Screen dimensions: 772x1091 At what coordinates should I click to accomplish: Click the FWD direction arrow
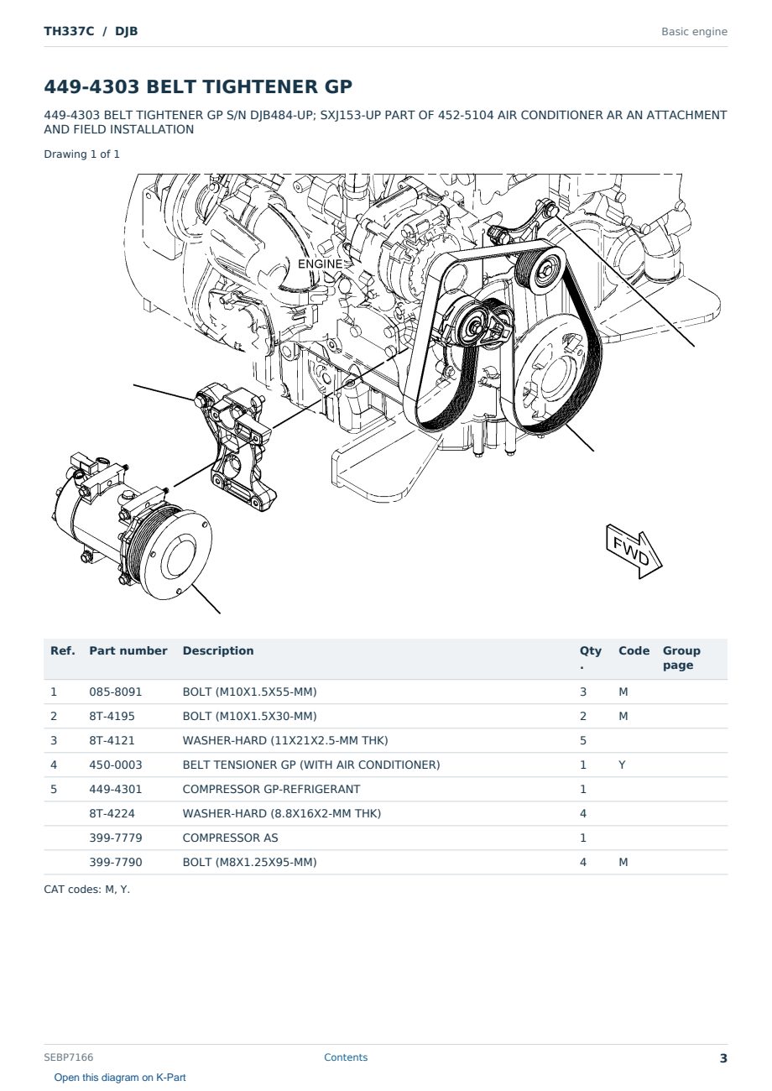click(634, 551)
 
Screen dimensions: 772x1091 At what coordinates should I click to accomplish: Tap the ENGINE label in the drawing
click(320, 264)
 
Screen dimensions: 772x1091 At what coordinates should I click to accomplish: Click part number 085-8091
click(116, 692)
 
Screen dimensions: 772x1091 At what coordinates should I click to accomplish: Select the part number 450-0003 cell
click(116, 765)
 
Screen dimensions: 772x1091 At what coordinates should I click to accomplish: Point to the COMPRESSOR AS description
click(230, 838)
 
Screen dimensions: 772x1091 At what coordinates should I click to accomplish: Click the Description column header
click(217, 650)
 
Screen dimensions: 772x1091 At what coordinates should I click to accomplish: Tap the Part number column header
click(128, 650)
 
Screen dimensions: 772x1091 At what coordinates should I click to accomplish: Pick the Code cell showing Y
click(622, 765)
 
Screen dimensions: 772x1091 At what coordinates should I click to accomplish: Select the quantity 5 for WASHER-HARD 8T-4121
click(583, 740)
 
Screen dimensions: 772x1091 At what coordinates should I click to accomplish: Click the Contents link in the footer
click(346, 1057)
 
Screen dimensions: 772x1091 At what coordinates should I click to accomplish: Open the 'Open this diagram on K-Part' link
click(120, 1078)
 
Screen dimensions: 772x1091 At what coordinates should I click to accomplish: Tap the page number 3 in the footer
click(723, 1058)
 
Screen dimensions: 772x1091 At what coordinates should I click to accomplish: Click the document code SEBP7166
click(69, 1057)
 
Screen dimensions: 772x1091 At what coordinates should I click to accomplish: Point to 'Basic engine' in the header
click(694, 32)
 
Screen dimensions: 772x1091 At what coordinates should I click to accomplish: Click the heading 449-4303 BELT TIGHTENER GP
click(198, 86)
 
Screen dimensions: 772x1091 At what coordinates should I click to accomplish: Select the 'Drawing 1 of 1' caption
click(81, 154)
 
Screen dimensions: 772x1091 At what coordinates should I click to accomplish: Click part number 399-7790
click(116, 862)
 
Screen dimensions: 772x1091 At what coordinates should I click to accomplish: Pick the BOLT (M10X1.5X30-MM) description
click(249, 716)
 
